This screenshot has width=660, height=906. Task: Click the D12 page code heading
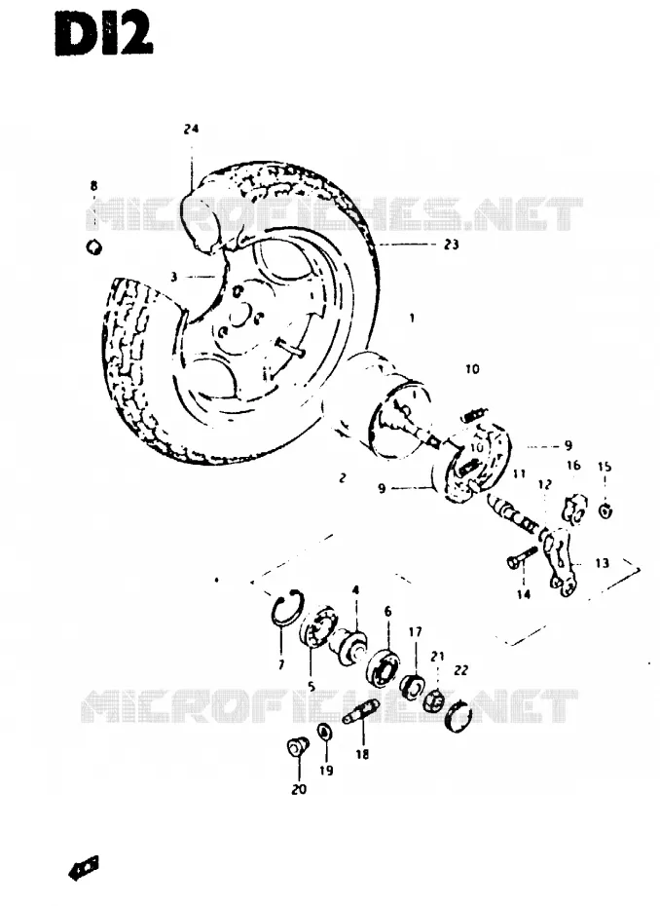point(104,34)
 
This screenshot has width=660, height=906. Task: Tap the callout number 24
point(191,129)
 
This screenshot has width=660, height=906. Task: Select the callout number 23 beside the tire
point(451,245)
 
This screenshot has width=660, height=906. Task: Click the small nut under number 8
point(93,247)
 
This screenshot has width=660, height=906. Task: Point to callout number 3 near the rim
point(174,278)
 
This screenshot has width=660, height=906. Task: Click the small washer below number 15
point(605,510)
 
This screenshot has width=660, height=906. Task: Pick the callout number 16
point(572,465)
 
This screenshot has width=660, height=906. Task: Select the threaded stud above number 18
point(360,711)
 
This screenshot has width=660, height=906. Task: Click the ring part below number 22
point(460,716)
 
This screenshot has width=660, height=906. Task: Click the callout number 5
point(312,687)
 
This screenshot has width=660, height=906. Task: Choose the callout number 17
point(415,632)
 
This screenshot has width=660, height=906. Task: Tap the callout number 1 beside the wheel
point(412,318)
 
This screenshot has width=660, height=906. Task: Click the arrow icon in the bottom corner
point(83,868)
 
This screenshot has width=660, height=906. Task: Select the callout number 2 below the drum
point(343,478)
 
